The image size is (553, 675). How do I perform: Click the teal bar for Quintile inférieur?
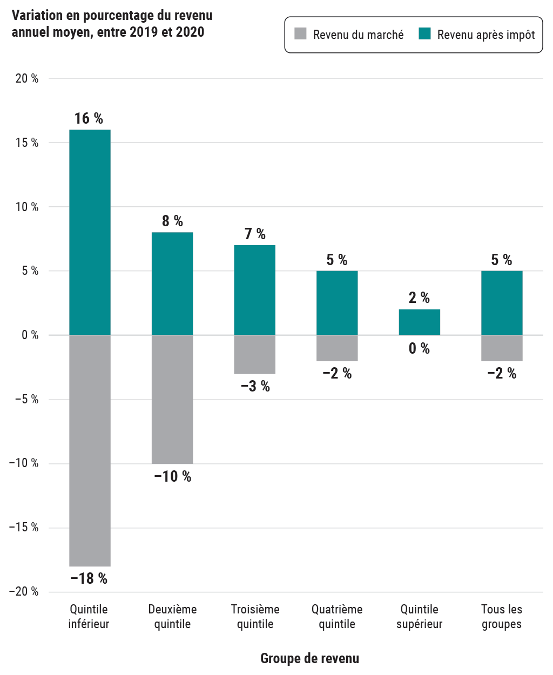pos(90,232)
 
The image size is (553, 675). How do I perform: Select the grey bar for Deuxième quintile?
pos(172,399)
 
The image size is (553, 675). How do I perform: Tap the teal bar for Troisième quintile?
pos(254,290)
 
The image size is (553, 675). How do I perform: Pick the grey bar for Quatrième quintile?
pos(337,348)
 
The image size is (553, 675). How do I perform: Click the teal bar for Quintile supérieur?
pos(419,322)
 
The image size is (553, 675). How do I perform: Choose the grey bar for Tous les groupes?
pos(502,348)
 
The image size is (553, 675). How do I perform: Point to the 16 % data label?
pos(89,118)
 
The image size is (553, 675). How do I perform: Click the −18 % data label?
pos(89,578)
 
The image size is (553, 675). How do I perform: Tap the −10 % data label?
pos(172,476)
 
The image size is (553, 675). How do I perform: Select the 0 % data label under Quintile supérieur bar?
pos(419,348)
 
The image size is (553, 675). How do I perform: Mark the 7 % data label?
pos(255,234)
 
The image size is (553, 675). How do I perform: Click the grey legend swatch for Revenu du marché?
pos(300,34)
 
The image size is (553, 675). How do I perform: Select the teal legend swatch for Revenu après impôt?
pos(424,34)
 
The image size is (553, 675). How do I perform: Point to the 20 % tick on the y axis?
pos(27,79)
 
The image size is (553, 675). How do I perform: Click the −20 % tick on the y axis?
pos(24,592)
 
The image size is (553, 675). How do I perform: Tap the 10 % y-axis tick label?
pos(27,207)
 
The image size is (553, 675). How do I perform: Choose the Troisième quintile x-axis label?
pos(255,617)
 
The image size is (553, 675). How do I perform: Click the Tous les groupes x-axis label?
pos(502,617)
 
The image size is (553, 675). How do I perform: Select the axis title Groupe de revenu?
pos(309,658)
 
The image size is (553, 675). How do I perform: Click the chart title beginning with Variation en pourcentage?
pos(112,24)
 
